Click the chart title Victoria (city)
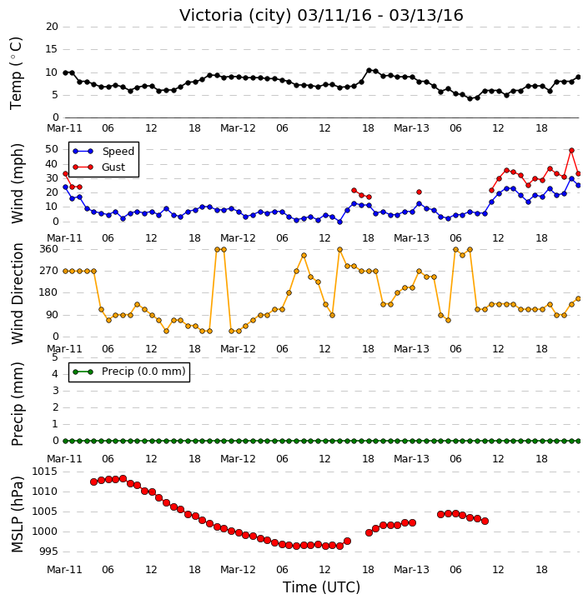tap(236, 15)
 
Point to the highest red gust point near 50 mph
tap(571, 150)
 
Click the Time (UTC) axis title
tap(321, 587)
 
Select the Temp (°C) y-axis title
tap(16, 73)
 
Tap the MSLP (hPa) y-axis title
tap(17, 515)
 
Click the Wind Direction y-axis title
tap(17, 293)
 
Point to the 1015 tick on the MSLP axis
tap(44, 471)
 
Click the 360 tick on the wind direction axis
tap(49, 249)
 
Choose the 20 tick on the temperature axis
tap(52, 26)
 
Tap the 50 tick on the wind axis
tap(52, 148)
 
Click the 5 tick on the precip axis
tap(55, 357)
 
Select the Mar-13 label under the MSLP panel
tap(411, 569)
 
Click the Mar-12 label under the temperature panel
tap(238, 128)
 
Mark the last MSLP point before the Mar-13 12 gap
tap(485, 521)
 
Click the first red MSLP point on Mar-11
tap(93, 482)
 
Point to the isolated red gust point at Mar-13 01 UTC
tap(420, 192)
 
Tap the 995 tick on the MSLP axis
tap(48, 552)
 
